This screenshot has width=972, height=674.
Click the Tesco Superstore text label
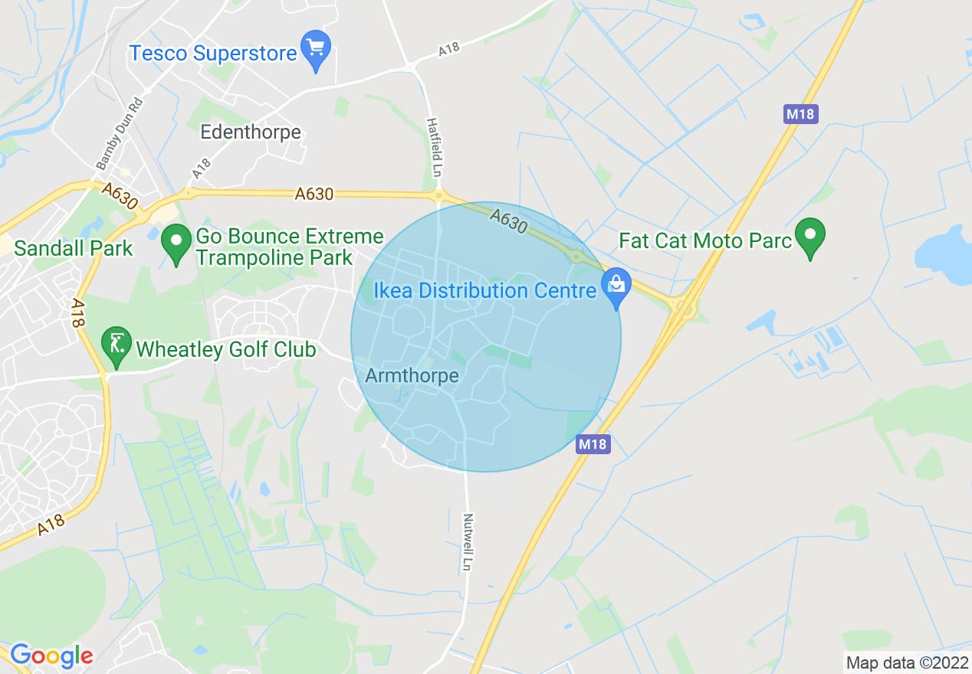coord(212,54)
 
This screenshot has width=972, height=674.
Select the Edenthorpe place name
coord(251,132)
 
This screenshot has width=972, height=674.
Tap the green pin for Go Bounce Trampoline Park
coord(177,244)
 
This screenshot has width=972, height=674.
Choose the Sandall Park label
coord(73,248)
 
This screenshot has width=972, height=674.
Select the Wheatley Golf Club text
coord(225,350)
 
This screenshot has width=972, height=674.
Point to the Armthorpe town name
coord(412,375)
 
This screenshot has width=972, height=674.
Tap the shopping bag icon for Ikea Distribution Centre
coord(616,286)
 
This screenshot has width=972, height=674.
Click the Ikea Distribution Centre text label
coord(484,291)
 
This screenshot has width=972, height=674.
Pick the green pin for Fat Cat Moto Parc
coord(809,236)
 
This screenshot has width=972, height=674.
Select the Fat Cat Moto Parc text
coord(705,241)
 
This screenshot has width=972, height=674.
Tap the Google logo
coord(51,656)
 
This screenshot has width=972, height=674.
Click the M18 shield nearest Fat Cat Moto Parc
coord(802,115)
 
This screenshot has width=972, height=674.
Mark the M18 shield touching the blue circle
coord(593,444)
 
